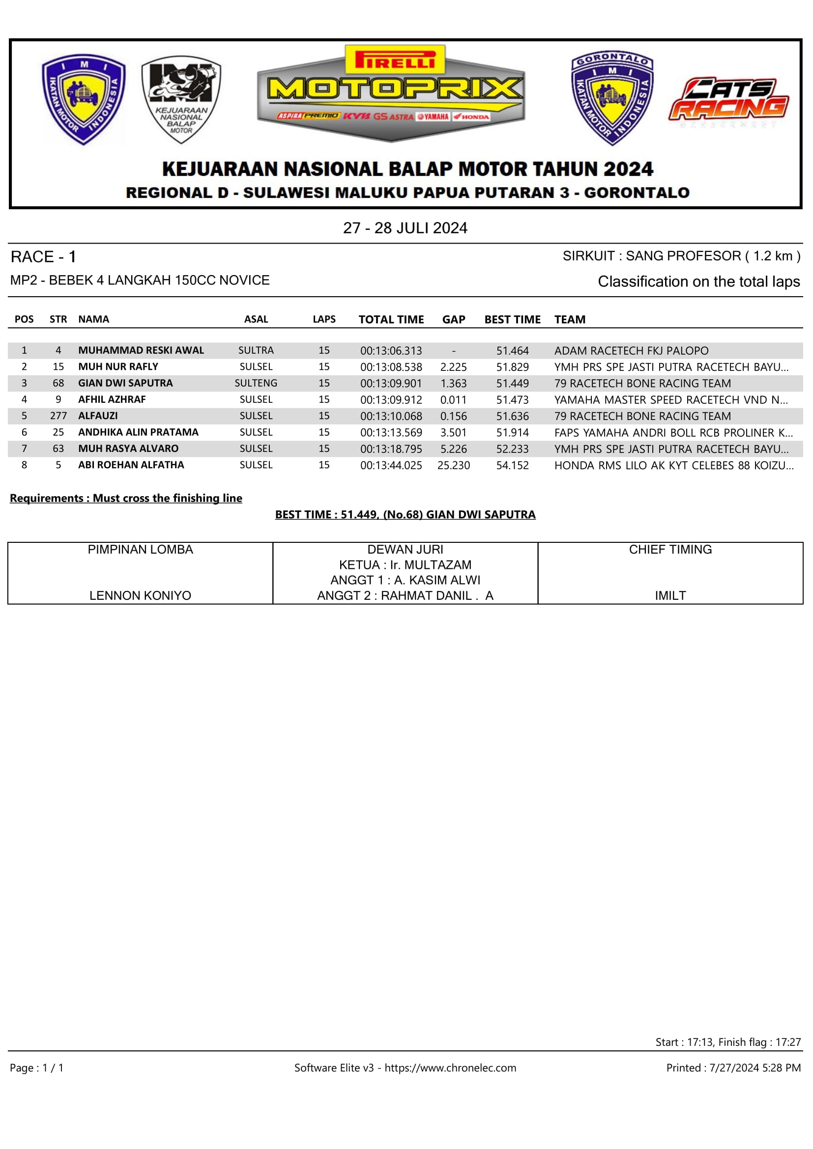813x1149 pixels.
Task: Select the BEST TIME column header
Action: pyautogui.click(x=512, y=319)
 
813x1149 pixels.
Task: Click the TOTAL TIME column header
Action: pyautogui.click(x=391, y=319)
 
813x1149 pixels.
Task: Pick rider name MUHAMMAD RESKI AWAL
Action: pyautogui.click(x=141, y=350)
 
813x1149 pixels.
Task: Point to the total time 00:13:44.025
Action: pyautogui.click(x=391, y=465)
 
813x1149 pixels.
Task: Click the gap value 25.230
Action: pyautogui.click(x=454, y=465)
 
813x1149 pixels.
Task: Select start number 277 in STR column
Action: pyautogui.click(x=58, y=416)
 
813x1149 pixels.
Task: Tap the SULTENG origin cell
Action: pyautogui.click(x=256, y=383)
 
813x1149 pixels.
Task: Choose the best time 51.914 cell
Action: pyautogui.click(x=512, y=432)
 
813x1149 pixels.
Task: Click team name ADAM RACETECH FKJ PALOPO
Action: pyautogui.click(x=631, y=351)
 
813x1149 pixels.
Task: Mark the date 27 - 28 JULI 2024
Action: pyautogui.click(x=405, y=228)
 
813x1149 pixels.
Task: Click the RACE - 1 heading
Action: pyautogui.click(x=44, y=257)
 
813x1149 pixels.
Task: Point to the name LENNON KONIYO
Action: pyautogui.click(x=140, y=595)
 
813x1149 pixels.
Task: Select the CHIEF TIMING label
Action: pyautogui.click(x=670, y=550)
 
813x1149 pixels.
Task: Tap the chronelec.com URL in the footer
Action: pyautogui.click(x=450, y=1068)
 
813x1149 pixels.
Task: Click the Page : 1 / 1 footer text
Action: pyautogui.click(x=36, y=1068)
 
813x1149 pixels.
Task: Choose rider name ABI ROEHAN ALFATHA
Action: pyautogui.click(x=131, y=465)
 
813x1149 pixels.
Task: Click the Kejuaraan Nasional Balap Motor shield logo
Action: pyautogui.click(x=181, y=100)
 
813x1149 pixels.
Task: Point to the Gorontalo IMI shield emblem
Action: pyautogui.click(x=612, y=98)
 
